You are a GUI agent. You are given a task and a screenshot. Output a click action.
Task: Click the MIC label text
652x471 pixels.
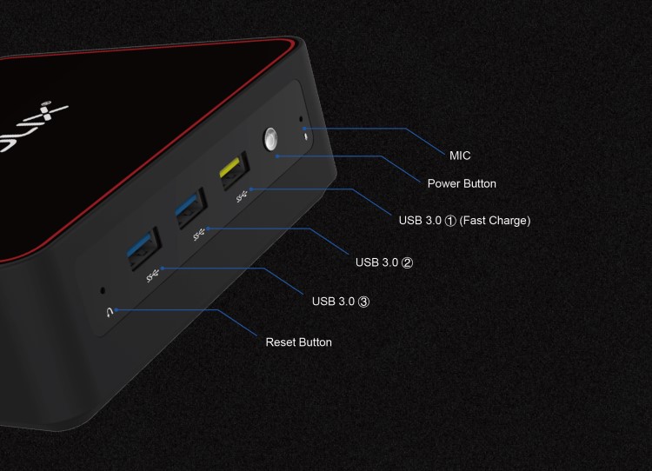coord(460,156)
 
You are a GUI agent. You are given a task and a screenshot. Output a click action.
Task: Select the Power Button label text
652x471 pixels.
coord(462,183)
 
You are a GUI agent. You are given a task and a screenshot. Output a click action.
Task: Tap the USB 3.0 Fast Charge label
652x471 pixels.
coord(464,221)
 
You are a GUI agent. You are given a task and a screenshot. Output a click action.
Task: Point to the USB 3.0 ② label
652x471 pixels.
coord(384,262)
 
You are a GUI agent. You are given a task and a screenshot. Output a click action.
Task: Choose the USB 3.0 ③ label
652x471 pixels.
coord(341,302)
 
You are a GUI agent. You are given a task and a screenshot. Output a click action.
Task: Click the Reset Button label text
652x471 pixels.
coord(298,342)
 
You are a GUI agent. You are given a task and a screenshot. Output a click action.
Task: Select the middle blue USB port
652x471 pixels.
coord(190,208)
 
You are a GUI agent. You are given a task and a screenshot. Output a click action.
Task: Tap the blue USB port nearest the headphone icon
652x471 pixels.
coord(143,249)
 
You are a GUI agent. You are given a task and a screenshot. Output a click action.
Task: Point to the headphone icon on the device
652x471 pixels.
coord(110,313)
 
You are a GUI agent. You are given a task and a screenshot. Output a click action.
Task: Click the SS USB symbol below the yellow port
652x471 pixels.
coord(242,196)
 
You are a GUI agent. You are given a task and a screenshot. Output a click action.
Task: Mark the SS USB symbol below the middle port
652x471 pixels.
coord(199,235)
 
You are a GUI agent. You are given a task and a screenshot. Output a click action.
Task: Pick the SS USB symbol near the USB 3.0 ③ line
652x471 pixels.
coord(153,275)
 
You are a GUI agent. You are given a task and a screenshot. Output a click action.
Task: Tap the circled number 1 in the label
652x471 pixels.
coord(450,221)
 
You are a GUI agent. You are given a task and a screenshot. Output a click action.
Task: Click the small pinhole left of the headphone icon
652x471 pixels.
coord(103,290)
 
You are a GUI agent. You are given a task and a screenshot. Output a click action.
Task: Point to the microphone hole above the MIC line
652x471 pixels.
coord(301,119)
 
